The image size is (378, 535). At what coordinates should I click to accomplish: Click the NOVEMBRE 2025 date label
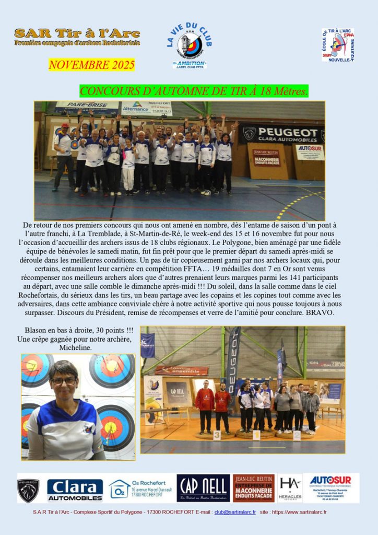point(91,65)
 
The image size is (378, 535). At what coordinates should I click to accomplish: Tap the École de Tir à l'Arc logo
point(338,45)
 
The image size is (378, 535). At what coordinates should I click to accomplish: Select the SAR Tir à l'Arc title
point(77,33)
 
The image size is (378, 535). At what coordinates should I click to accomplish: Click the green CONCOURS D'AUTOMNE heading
point(194,91)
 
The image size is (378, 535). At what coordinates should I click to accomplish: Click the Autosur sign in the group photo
point(310,152)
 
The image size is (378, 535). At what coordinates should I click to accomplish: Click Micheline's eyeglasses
point(64,381)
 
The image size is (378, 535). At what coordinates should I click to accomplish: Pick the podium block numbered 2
point(296,435)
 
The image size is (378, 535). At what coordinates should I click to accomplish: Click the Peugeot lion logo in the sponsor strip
point(28,490)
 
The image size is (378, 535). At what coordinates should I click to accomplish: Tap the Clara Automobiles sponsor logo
point(75,490)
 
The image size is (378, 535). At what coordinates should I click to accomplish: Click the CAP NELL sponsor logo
point(203,488)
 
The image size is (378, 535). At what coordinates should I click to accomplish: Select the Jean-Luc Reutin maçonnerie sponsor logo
point(253,488)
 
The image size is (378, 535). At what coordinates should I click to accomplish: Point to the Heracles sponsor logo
point(290,488)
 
